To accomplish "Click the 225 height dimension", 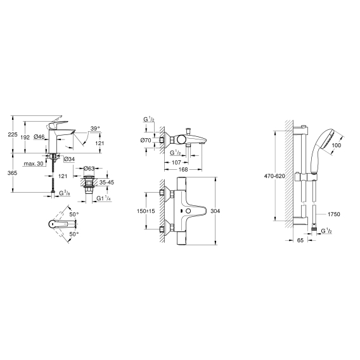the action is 13,134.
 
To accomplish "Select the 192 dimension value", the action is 25,138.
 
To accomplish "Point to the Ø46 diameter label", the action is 39,137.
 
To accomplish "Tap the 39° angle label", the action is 95,129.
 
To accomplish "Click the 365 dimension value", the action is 12,172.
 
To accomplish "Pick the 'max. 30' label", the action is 34,164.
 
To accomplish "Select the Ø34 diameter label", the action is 69,158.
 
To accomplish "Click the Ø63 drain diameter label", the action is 89,169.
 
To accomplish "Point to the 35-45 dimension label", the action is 106,183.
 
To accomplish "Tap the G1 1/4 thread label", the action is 103,198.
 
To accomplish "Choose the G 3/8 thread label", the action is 65,193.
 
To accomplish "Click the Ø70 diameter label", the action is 146,140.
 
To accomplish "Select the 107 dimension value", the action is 176,162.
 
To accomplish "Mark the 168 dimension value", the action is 183,169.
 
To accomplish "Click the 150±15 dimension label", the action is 146,211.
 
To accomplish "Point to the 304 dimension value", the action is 215,211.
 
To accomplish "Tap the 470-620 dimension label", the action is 274,176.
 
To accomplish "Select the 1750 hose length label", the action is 334,214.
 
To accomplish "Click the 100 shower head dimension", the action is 337,145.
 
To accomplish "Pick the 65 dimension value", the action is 300,240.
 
